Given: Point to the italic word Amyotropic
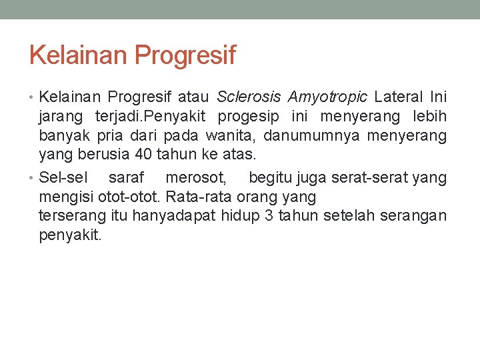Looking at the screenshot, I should click(x=327, y=98).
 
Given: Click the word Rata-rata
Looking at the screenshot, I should click(x=191, y=197).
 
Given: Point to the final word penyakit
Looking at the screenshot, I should click(x=71, y=235).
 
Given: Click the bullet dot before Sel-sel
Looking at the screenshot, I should click(x=33, y=179).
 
